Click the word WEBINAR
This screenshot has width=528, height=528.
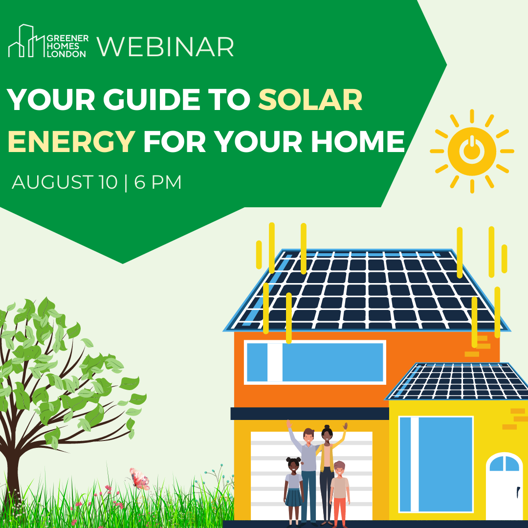pos(165,47)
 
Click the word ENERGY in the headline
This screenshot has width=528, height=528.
pos(71,141)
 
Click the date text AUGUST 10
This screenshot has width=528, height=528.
pos(65,182)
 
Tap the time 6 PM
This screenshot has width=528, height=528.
pos(157,182)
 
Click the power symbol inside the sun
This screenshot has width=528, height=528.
pos(472,149)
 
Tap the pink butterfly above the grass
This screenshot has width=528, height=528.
pos(139,478)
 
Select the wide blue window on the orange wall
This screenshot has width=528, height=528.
pos(315,362)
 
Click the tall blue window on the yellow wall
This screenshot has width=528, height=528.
pos(436,464)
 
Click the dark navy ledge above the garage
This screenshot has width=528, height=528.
pos(309,414)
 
